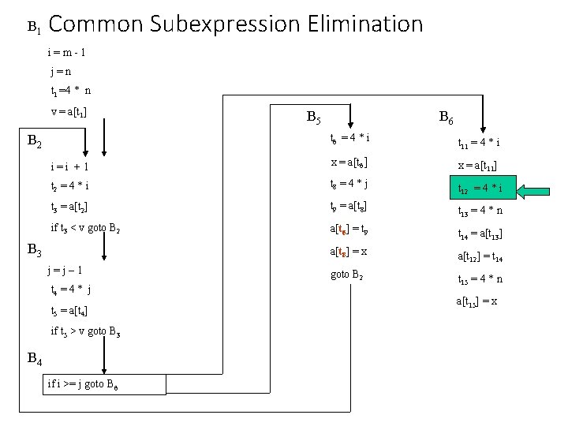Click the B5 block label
312,119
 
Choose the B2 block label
35,142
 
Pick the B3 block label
35,251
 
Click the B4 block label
35,359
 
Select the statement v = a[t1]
69,112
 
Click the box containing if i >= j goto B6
106,385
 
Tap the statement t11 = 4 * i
479,144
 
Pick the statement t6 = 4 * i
350,138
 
